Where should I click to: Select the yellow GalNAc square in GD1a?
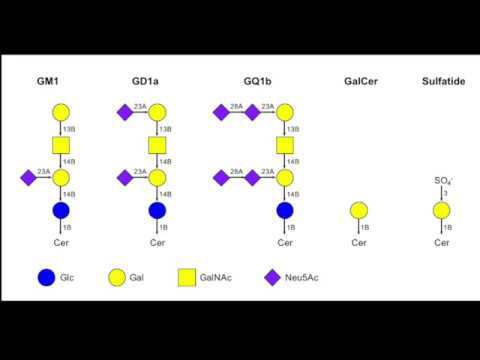[x=157, y=145]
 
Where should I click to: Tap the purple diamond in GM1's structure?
[x=27, y=178]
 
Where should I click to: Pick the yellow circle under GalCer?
[x=360, y=211]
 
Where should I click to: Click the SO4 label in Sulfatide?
[x=441, y=180]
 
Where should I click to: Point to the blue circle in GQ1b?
[x=285, y=211]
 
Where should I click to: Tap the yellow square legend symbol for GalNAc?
[x=188, y=276]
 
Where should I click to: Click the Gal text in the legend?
[x=138, y=277]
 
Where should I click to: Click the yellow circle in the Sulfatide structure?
[x=441, y=211]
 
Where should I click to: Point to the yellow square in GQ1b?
[x=285, y=145]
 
